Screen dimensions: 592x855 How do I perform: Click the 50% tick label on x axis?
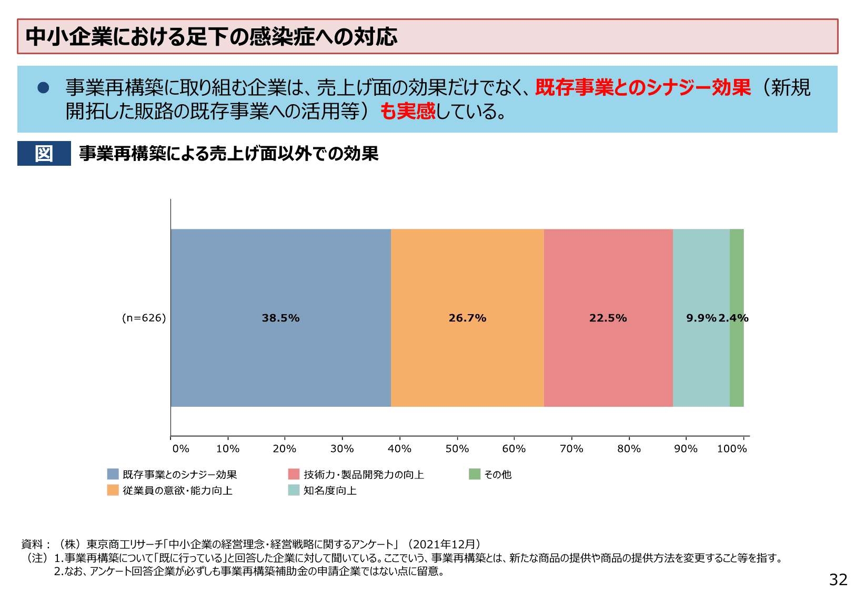(x=457, y=449)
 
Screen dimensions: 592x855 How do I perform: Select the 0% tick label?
(x=180, y=449)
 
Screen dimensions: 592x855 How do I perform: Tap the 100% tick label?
(x=732, y=449)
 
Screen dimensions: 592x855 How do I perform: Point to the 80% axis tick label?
(x=629, y=449)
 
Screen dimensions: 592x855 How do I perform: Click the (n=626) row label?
(x=144, y=318)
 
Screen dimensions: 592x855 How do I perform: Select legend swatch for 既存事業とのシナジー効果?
(x=113, y=474)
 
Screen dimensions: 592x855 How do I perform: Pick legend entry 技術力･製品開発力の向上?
(x=364, y=475)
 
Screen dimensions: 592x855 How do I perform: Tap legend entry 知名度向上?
(x=330, y=490)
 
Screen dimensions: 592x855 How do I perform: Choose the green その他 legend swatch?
(x=475, y=474)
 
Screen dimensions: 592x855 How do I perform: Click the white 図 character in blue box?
(x=44, y=154)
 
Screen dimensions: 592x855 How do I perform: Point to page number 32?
(x=838, y=579)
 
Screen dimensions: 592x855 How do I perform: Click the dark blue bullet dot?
(x=43, y=87)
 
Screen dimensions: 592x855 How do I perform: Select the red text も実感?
(x=408, y=111)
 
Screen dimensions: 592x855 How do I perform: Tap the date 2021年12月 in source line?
(x=444, y=544)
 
